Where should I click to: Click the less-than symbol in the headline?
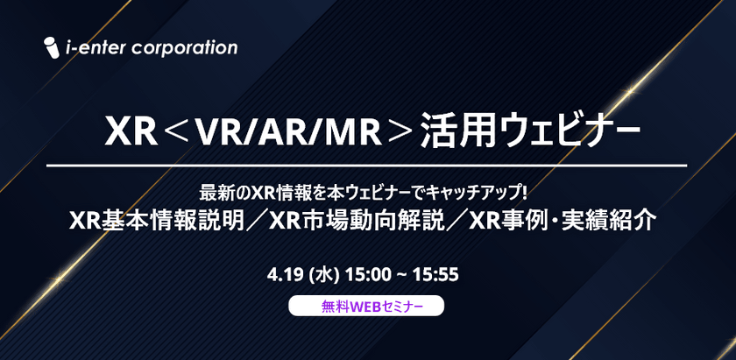(x=175, y=133)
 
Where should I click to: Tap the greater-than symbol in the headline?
(x=398, y=133)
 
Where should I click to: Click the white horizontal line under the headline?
(x=367, y=166)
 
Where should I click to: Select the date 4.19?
(x=287, y=275)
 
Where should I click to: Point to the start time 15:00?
(x=368, y=275)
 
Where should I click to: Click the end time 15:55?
(x=436, y=275)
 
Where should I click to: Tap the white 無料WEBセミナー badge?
(x=367, y=307)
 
